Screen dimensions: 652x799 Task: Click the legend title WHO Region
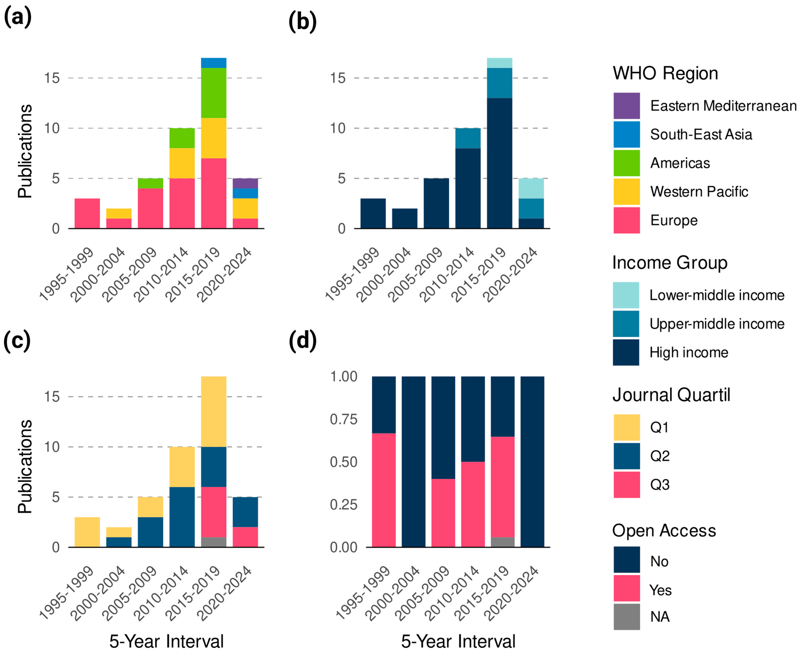pyautogui.click(x=665, y=73)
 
